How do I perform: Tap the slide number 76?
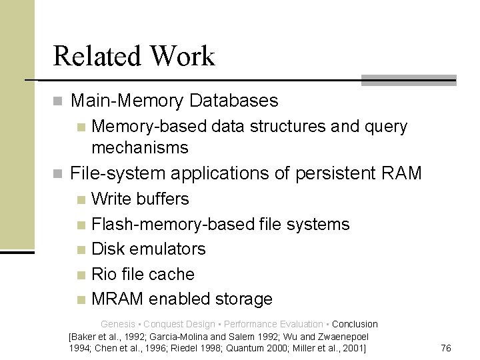coord(447,348)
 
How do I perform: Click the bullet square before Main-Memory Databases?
coord(58,102)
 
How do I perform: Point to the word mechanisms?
coord(140,147)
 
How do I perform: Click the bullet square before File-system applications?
coord(58,175)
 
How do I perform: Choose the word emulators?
coord(168,249)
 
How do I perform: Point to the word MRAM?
coord(117,299)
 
